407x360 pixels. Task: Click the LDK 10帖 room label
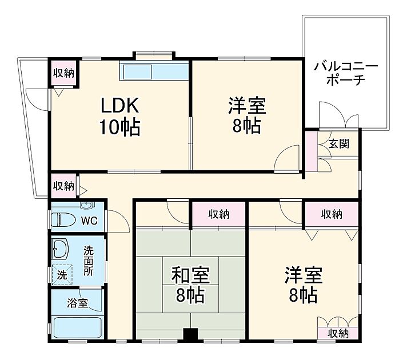click(119, 117)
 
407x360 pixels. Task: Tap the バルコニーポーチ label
click(345, 73)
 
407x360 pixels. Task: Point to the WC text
click(88, 220)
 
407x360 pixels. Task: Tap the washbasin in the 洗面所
click(59, 249)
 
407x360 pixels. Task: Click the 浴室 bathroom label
click(78, 303)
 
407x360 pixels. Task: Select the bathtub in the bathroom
click(76, 328)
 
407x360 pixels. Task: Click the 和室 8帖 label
click(190, 285)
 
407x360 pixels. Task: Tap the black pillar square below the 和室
click(190, 334)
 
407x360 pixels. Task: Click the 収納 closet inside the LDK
click(63, 73)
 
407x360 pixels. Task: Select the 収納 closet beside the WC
click(63, 186)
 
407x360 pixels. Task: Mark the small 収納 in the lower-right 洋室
click(338, 333)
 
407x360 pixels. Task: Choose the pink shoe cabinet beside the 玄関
click(311, 151)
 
